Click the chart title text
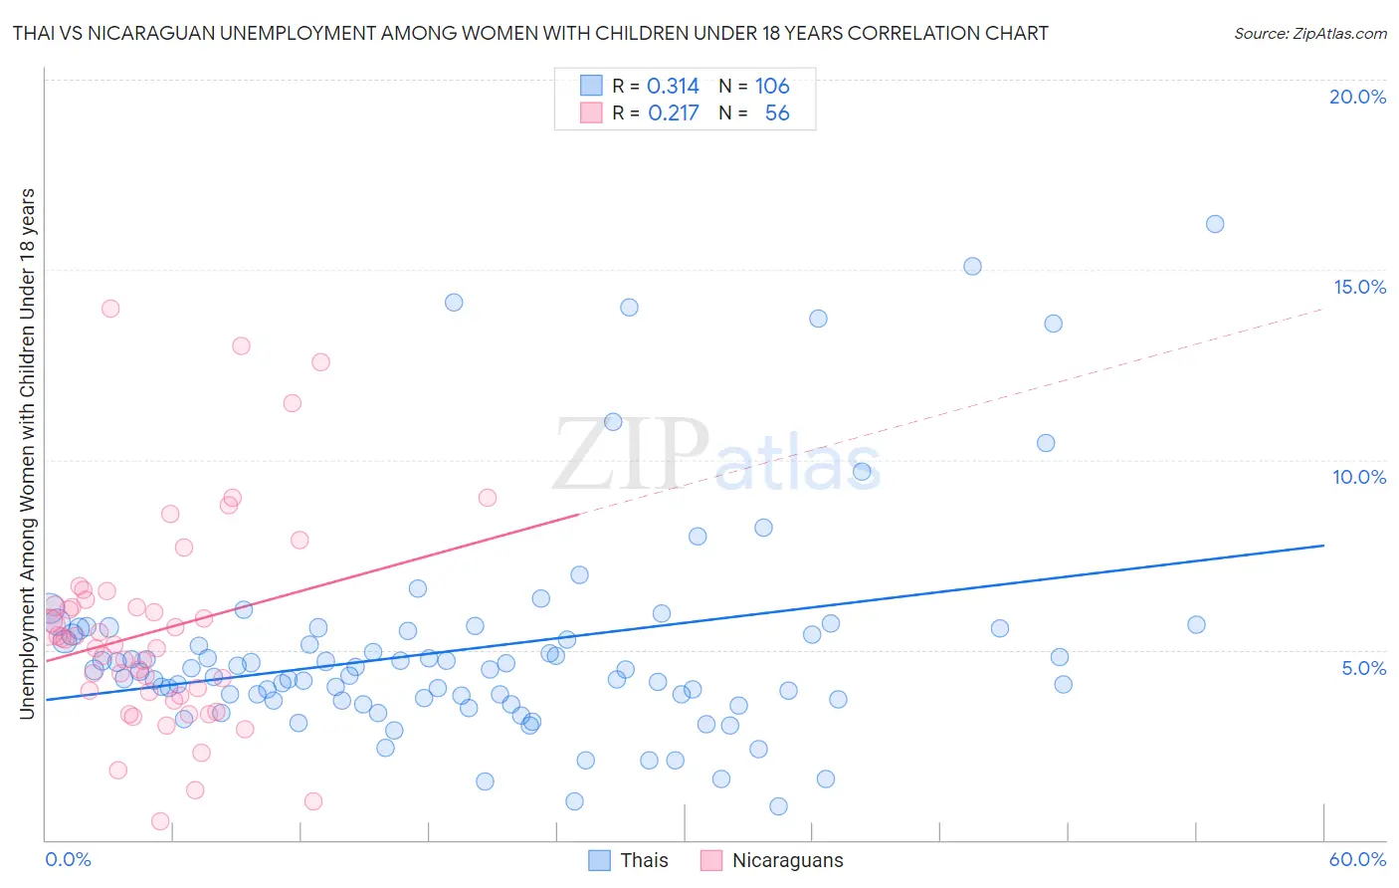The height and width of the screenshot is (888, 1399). click(530, 33)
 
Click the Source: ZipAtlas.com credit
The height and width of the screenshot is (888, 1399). click(1309, 33)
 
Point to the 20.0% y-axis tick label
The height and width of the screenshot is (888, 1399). click(1357, 97)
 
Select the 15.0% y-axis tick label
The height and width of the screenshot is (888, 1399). click(1359, 287)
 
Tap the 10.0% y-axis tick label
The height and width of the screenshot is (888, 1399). click(1359, 477)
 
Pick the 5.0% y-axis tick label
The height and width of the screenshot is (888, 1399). click(1363, 668)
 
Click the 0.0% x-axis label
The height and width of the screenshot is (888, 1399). click(68, 859)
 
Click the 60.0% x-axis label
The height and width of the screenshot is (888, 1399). click(1357, 859)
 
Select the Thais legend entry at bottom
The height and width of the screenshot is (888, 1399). click(628, 860)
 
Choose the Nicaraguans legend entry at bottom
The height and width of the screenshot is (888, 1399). click(772, 860)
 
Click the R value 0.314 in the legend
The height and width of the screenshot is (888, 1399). click(673, 87)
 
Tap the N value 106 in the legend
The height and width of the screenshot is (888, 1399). click(772, 87)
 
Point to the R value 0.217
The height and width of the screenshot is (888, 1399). click(673, 113)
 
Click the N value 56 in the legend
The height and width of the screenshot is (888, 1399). click(777, 113)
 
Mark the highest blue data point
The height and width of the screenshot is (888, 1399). click(1215, 224)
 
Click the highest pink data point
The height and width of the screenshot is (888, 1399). click(110, 309)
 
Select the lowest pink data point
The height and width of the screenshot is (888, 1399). click(160, 821)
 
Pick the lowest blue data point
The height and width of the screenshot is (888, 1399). click(779, 806)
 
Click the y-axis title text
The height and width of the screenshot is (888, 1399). click(27, 453)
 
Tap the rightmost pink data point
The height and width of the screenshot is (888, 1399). click(488, 498)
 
